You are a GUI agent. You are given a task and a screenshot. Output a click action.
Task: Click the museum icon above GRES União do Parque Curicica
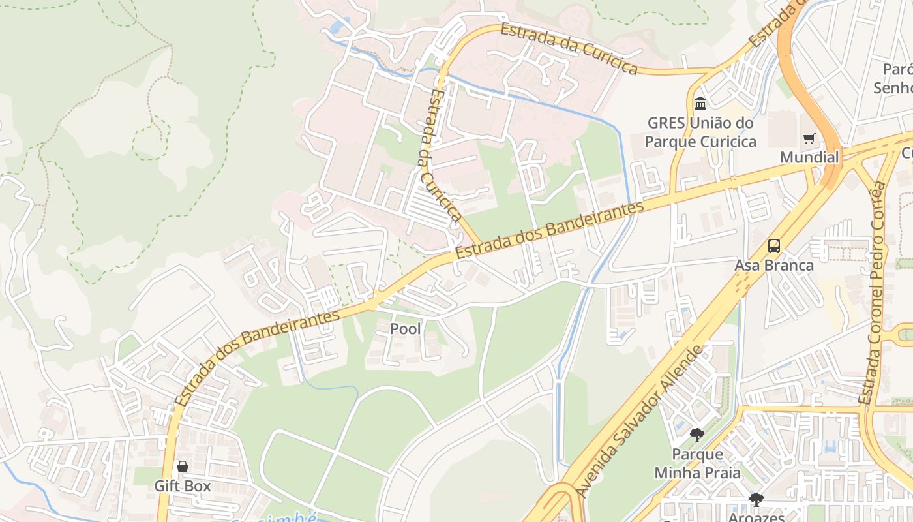coord(700,103)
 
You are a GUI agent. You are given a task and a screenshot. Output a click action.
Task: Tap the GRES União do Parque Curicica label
coord(700,132)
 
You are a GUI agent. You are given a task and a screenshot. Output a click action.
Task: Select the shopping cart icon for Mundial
coord(809,138)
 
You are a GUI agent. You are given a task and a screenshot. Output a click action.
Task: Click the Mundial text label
coord(809,157)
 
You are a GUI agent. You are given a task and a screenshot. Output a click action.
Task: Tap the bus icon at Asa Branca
coord(774,246)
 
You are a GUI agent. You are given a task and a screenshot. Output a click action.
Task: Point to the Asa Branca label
coord(774,266)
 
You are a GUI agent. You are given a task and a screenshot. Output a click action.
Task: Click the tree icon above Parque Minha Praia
coord(697,435)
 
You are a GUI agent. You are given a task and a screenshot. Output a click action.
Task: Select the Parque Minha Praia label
coord(697,463)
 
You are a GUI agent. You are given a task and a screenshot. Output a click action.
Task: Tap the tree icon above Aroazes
coord(756,500)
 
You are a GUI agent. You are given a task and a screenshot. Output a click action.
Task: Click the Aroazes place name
coord(756,517)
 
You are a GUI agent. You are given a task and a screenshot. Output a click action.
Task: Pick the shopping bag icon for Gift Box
coord(183,467)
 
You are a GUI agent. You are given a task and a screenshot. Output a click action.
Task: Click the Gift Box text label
coord(183,486)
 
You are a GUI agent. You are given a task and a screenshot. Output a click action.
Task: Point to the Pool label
coord(405,329)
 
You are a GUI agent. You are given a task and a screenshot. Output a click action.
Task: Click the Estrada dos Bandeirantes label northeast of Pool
coord(550,230)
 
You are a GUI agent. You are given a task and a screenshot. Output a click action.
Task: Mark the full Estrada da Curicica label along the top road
coord(569,49)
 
